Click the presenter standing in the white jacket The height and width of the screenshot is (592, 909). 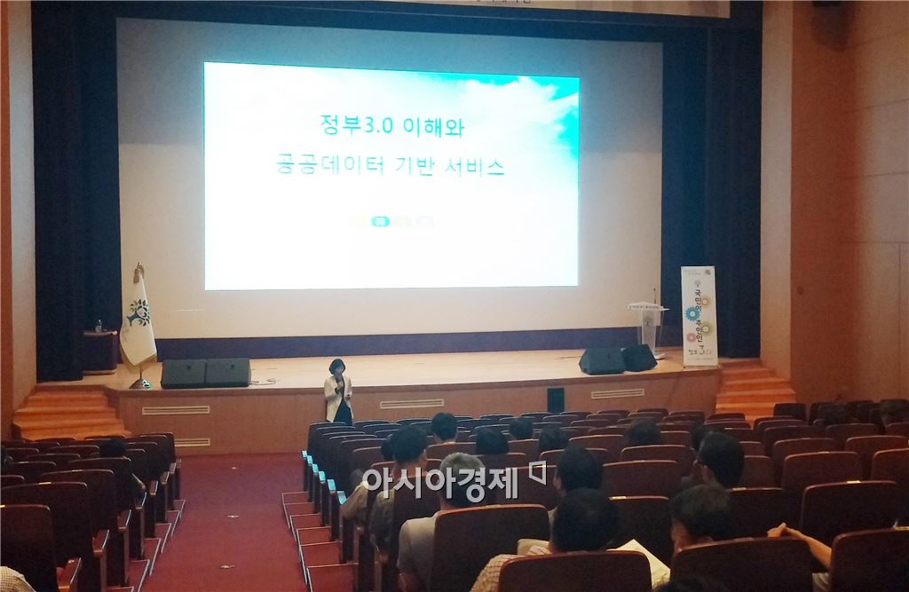(x=337, y=392)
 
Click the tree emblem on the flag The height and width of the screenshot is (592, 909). (x=138, y=312)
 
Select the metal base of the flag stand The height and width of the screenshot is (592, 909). (x=139, y=383)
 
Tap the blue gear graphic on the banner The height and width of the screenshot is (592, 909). (x=692, y=313)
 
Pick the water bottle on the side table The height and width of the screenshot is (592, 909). (x=99, y=326)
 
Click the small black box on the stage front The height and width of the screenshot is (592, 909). (x=555, y=400)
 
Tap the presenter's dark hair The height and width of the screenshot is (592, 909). (x=336, y=365)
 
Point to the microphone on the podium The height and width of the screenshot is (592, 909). (x=655, y=296)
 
